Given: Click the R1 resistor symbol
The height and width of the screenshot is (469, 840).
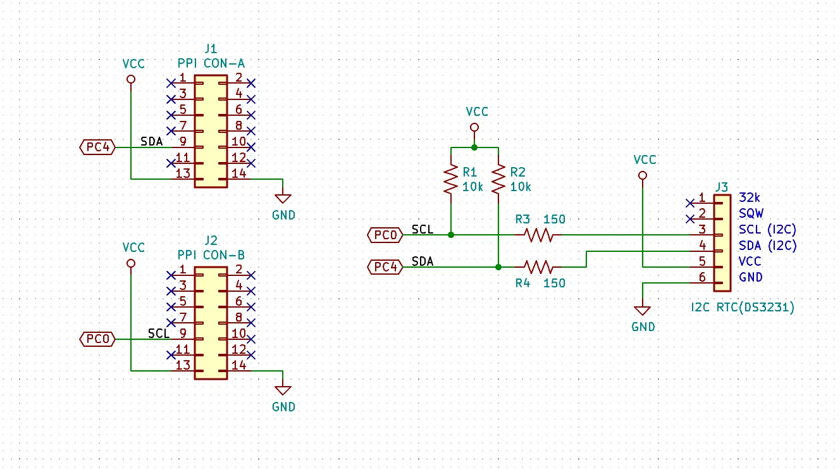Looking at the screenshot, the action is coord(451,179).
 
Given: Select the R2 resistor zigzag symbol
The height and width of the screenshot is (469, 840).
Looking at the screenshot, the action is coord(498,179).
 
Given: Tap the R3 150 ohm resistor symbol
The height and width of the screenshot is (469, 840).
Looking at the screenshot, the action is coord(538,235).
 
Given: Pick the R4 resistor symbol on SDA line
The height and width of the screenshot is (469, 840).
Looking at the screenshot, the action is coord(538,267).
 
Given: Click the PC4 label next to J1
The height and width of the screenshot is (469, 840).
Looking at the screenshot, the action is coord(97,147).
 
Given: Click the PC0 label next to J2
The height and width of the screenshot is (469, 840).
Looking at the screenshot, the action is coord(97,339).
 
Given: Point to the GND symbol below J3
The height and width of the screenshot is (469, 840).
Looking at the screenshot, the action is coord(643,311).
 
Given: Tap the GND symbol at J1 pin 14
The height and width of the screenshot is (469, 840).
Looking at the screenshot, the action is coord(283,199).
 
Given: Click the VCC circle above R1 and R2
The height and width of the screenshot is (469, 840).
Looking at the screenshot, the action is coord(474,128).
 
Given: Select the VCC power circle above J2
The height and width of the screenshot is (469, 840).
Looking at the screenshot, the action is coord(131,264).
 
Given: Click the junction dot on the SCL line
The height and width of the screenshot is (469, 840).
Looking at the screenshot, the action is coord(451,235).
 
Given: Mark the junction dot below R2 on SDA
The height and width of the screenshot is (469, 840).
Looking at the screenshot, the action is coord(498,267).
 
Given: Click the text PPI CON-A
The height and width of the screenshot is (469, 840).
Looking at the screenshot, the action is coord(211,63).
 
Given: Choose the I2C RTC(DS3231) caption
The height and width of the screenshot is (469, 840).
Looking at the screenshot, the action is coord(743,308).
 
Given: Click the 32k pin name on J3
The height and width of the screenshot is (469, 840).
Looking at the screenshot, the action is coord(750,197).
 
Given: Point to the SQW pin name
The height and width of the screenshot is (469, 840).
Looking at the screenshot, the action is coord(751,213).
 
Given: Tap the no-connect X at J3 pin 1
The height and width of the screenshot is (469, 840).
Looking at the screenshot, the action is coord(689,203).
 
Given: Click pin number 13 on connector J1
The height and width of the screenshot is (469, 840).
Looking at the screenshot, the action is coord(183,173).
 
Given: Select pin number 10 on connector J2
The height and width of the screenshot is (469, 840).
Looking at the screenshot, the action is coord(239,333).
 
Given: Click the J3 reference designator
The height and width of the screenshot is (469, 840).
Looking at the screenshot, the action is coord(722,187).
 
